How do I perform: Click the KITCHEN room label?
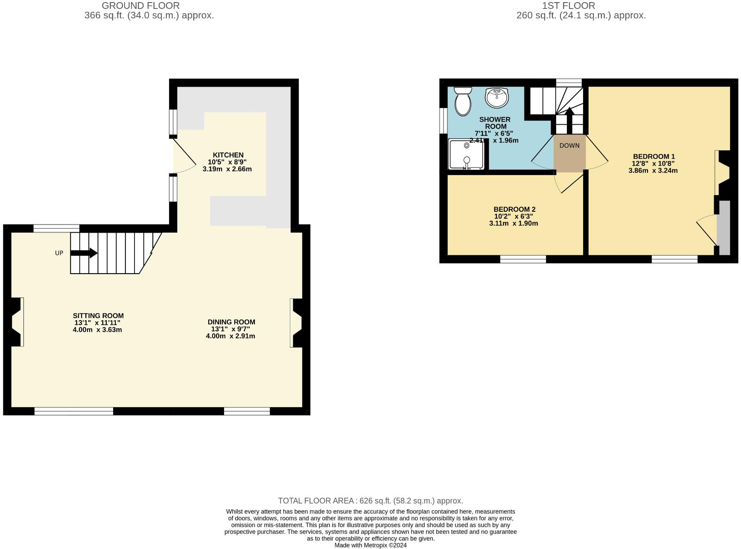pyautogui.click(x=228, y=155)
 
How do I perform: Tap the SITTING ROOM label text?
pyautogui.click(x=98, y=316)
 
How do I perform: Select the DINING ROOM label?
pyautogui.click(x=231, y=322)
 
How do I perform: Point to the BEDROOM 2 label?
pyautogui.click(x=514, y=209)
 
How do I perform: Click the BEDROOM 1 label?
pyautogui.click(x=653, y=156)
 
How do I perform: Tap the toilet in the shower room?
pyautogui.click(x=462, y=101)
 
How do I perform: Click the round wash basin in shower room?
pyautogui.click(x=496, y=97)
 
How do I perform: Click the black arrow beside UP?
pyautogui.click(x=84, y=253)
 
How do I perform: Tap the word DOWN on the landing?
pyautogui.click(x=569, y=146)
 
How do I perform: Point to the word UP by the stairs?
pyautogui.click(x=59, y=253)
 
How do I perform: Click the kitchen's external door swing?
pyautogui.click(x=184, y=158)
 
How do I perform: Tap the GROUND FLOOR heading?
pyautogui.click(x=140, y=6)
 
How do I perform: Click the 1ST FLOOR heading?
pyautogui.click(x=568, y=6)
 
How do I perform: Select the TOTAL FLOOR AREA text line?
pyautogui.click(x=370, y=501)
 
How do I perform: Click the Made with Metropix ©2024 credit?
pyautogui.click(x=370, y=545)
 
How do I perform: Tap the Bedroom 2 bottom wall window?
pyautogui.click(x=522, y=259)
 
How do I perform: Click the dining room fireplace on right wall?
pyautogui.click(x=296, y=323)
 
